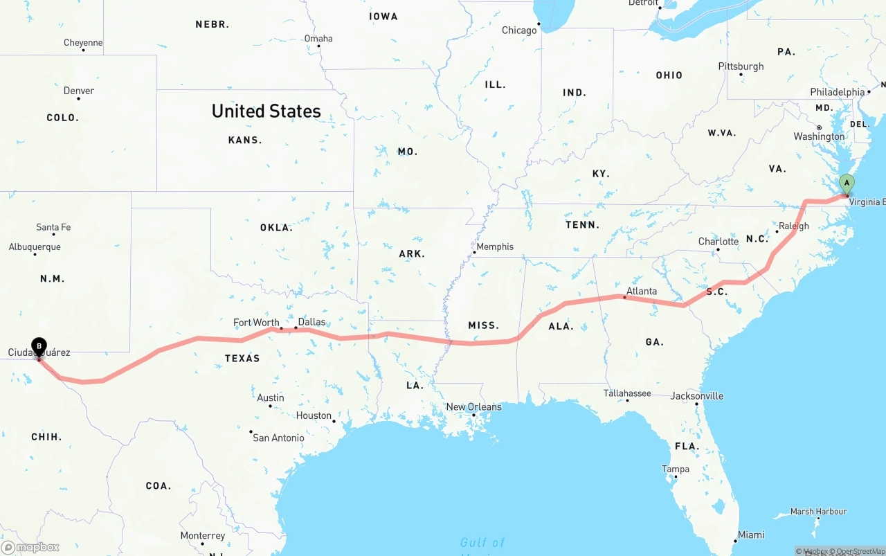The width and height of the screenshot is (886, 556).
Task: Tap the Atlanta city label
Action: coord(641,291)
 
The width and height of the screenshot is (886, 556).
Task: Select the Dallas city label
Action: coord(311,322)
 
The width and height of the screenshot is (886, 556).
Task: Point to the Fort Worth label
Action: coord(256,323)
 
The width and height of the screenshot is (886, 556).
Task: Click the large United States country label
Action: coord(266,111)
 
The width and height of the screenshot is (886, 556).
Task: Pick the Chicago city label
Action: coord(519,30)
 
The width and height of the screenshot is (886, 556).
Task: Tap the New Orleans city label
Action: coord(473,407)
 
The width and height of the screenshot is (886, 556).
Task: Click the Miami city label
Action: coord(750,535)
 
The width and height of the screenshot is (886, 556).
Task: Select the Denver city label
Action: coord(79,91)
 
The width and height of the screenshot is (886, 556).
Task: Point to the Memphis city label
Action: coord(495,246)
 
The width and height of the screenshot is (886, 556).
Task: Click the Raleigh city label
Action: coord(793,226)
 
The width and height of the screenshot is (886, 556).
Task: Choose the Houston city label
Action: coord(314,415)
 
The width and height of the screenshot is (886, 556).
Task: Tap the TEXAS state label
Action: coord(242,358)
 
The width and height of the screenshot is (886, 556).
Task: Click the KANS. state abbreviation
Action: coord(245,140)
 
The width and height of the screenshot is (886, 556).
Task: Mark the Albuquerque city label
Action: coord(35,247)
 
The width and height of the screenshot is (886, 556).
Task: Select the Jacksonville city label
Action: coord(696,396)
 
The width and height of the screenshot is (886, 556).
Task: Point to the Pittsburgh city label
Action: coord(741,66)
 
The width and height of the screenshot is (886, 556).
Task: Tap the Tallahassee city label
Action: coord(626,393)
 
